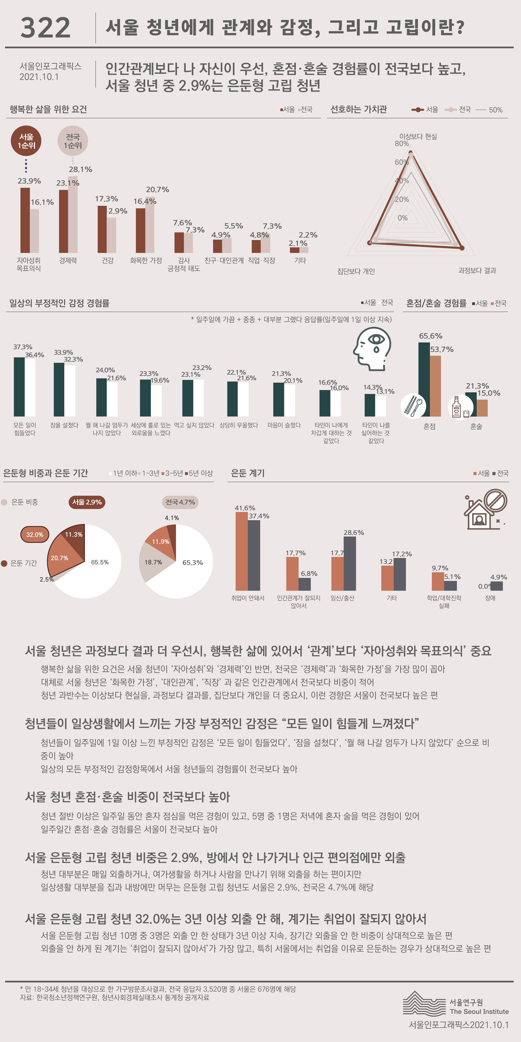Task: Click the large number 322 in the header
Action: pos(45,28)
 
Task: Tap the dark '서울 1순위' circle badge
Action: pos(26,141)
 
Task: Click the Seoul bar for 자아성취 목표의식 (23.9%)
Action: pos(25,221)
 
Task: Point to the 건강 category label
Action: pos(108,260)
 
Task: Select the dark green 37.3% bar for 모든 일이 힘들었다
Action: pos(19,387)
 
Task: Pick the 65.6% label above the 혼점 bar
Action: pos(430,336)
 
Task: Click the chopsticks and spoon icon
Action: pos(413,406)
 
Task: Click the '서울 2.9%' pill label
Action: pos(87,502)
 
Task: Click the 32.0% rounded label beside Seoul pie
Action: pos(35,534)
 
